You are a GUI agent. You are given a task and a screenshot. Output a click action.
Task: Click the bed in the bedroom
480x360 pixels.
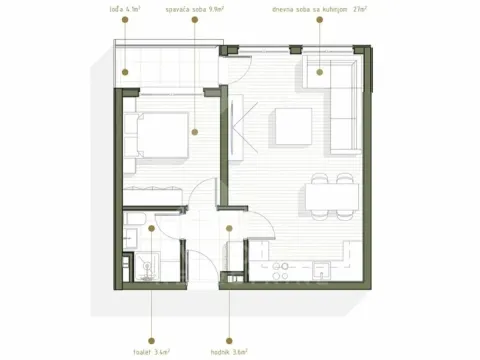(x=160, y=133)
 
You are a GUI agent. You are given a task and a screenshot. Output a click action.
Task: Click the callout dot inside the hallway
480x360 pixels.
(x=229, y=228)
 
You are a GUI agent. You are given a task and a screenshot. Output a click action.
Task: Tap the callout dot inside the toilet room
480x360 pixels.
(x=151, y=228)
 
